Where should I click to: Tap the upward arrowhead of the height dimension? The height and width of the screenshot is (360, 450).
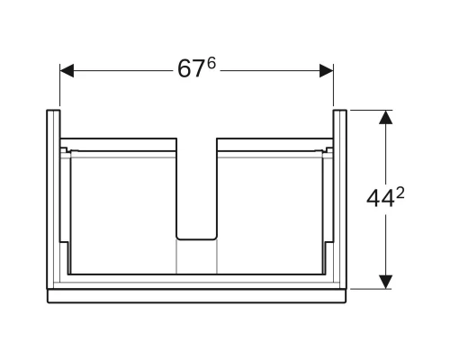point(386,118)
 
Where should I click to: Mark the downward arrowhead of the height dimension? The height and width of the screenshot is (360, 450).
point(386,281)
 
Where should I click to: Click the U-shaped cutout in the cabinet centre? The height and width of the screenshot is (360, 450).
point(196,189)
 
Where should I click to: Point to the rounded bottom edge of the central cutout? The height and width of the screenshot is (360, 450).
point(196,239)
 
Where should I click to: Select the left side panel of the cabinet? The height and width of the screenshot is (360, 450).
point(53,198)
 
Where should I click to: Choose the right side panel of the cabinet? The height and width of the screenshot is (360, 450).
point(339,198)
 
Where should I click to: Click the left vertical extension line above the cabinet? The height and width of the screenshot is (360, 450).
point(59,90)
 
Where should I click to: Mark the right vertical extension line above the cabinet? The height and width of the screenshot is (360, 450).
point(334,90)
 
